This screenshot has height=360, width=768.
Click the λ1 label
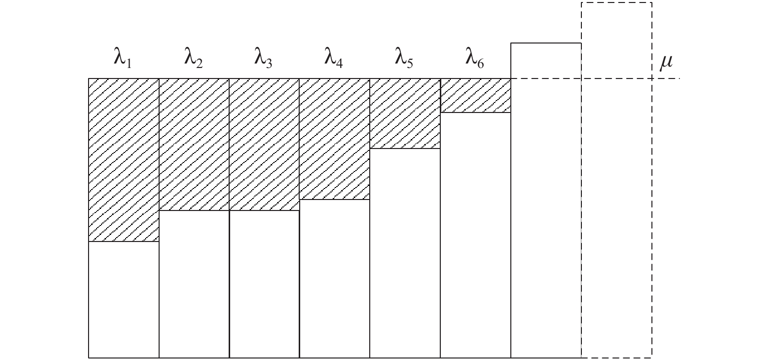(x=123, y=57)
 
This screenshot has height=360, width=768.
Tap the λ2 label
(x=193, y=57)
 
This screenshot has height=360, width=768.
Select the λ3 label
(x=263, y=57)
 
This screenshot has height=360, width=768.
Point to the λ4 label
(x=334, y=57)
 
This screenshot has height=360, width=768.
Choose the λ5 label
(x=404, y=57)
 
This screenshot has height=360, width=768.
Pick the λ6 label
(x=474, y=57)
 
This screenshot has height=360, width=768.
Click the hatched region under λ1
(x=124, y=160)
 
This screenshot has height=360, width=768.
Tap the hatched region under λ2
(x=194, y=144)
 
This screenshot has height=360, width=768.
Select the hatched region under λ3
(x=264, y=144)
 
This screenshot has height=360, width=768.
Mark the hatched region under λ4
(x=335, y=139)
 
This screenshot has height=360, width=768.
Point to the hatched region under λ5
(x=405, y=113)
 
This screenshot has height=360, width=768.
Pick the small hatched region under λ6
(x=475, y=95)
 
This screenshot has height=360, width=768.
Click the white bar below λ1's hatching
(x=124, y=299)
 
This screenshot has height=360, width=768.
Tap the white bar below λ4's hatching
(x=335, y=279)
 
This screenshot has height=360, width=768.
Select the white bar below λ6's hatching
(x=475, y=235)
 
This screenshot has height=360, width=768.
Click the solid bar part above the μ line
(x=546, y=60)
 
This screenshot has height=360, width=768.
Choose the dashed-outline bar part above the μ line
(x=616, y=40)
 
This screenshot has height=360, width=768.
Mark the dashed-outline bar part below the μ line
(x=616, y=218)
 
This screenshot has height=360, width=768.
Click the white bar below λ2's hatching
(x=194, y=284)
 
